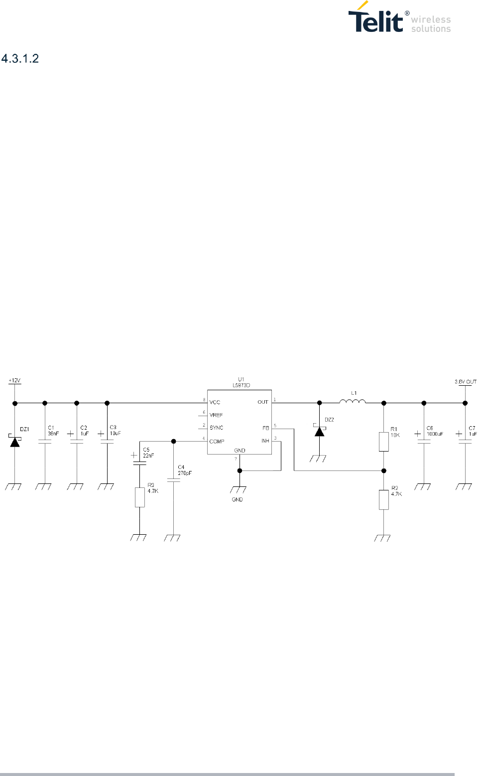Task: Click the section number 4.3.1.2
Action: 20,59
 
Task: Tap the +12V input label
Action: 14,381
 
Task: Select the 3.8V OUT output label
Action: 465,382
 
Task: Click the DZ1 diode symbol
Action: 15,441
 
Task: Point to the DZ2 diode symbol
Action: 319,431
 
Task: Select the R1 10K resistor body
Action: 383,442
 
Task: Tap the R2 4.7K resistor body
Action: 383,499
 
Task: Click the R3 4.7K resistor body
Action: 140,497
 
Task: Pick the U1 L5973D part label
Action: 241,383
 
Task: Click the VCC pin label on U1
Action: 215,402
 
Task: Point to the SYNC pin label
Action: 216,428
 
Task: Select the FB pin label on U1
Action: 265,428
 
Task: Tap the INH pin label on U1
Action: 265,441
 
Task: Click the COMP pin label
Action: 217,442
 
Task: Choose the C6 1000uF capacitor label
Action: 434,431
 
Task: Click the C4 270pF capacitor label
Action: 184,470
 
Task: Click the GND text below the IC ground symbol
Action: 237,499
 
